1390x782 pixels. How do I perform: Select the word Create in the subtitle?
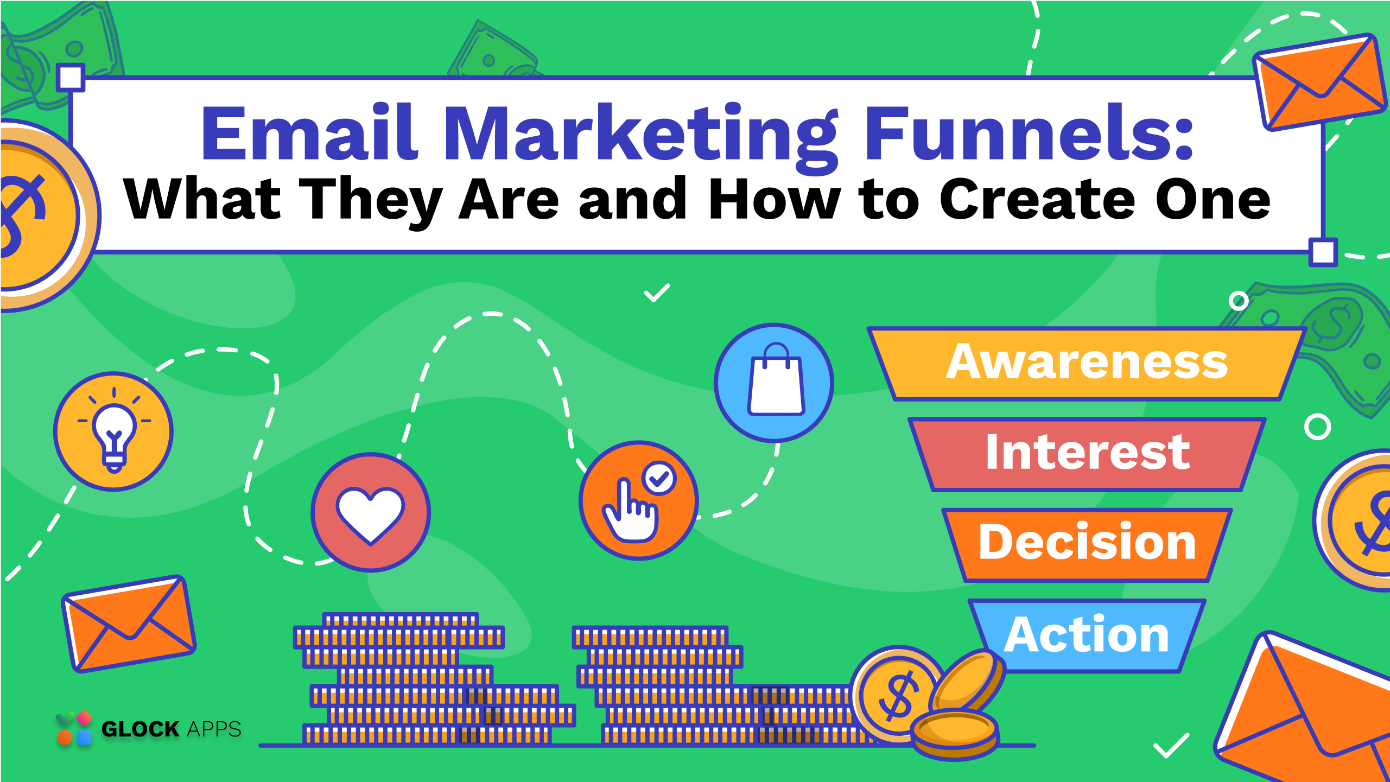point(1037,200)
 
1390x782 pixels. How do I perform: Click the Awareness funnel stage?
point(1087,364)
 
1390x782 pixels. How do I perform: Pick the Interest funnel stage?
point(1087,454)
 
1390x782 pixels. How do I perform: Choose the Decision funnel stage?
point(1087,544)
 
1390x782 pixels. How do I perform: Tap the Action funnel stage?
point(1087,635)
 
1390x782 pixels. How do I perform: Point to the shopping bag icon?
point(776,380)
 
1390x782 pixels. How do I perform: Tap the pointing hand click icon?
point(630,510)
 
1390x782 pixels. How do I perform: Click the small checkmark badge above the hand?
point(659,479)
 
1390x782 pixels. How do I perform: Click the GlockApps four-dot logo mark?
point(74,728)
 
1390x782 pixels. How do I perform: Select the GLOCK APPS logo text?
point(172,729)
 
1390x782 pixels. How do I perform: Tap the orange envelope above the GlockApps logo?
point(129,624)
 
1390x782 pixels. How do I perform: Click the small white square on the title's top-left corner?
point(71,78)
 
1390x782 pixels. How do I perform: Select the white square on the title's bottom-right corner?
point(1323,252)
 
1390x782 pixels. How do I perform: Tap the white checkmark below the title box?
point(657,293)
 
